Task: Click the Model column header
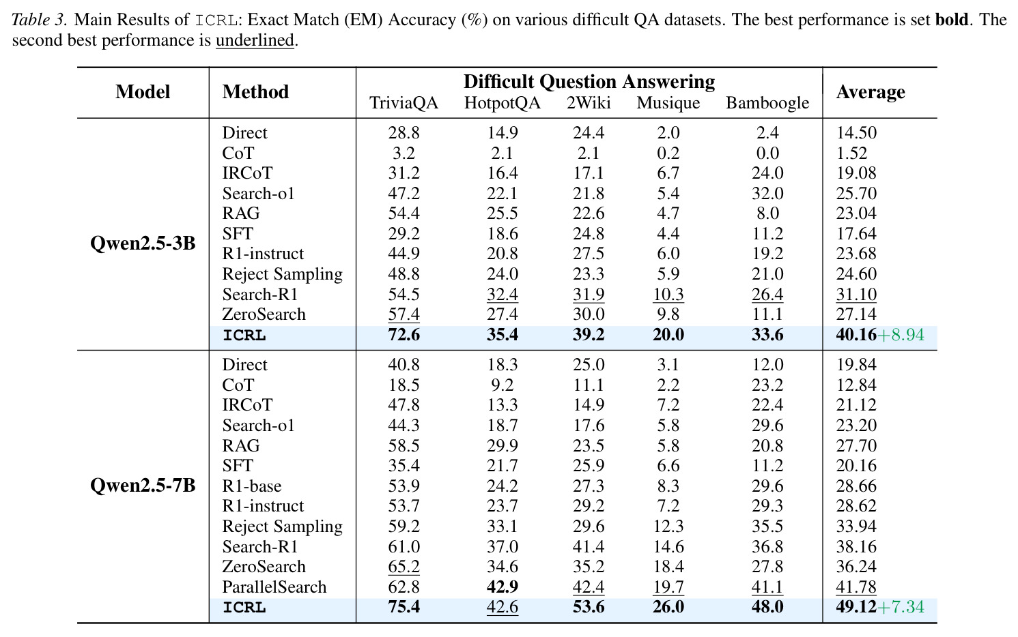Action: point(143,92)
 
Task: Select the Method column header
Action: point(255,92)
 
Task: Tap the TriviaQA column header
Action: point(404,103)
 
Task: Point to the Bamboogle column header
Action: point(767,103)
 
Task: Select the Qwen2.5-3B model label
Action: point(143,243)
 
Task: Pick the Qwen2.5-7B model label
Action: point(143,486)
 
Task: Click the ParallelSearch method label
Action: point(274,587)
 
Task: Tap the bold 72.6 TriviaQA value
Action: point(404,335)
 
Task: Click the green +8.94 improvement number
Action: point(901,335)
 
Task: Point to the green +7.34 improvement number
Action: point(901,607)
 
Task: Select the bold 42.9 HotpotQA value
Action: point(503,587)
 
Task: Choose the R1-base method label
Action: point(252,486)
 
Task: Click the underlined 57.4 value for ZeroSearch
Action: point(404,314)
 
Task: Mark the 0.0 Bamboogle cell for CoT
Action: point(767,153)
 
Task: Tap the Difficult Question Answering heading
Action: point(589,82)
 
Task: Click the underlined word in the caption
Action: point(255,40)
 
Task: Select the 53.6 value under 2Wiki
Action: point(589,607)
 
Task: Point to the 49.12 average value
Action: point(856,607)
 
